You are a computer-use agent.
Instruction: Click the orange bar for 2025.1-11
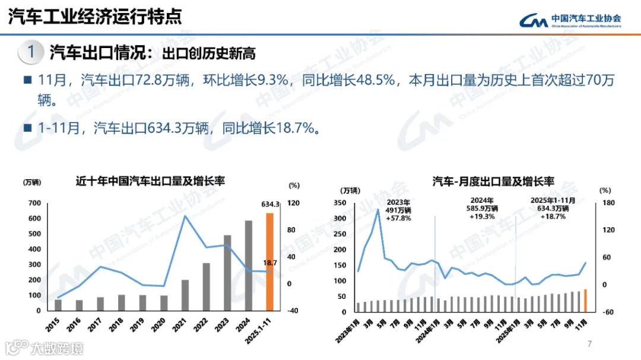pos(269,262)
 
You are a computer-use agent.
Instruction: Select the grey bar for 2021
pos(185,295)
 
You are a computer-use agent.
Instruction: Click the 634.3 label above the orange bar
pos(270,205)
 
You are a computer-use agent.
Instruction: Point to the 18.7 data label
pos(271,262)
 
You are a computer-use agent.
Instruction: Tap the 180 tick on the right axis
pos(605,203)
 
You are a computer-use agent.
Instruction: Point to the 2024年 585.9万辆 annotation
pos(483,208)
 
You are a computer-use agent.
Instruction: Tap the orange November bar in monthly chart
pos(585,300)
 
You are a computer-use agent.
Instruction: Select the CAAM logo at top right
pos(570,21)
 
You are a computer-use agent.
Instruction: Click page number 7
pos(589,344)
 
